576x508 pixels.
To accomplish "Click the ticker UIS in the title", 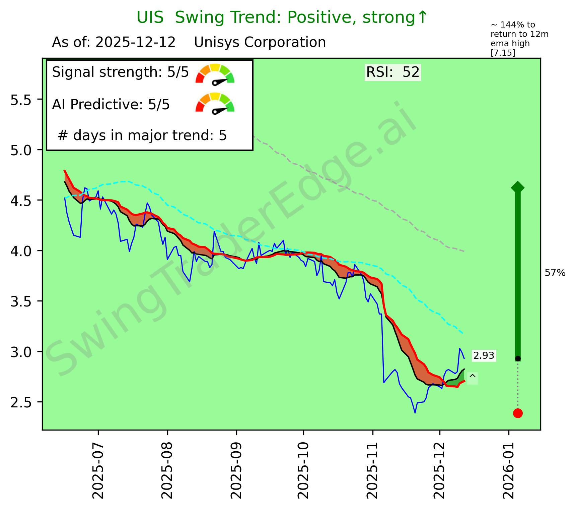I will (x=150, y=17).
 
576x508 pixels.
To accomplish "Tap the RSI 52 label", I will (x=393, y=72).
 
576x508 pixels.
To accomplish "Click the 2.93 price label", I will (x=484, y=356).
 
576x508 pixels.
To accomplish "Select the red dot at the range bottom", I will (x=518, y=413).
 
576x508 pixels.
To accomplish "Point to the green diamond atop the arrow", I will (x=518, y=187).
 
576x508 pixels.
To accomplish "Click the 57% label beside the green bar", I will (x=555, y=273).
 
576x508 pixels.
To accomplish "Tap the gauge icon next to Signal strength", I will (x=215, y=74).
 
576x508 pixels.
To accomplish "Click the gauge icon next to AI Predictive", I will (x=215, y=103).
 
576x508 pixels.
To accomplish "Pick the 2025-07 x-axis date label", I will (x=98, y=469).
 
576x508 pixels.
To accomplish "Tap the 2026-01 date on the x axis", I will (x=509, y=469).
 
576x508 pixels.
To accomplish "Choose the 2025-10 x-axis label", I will (x=303, y=469).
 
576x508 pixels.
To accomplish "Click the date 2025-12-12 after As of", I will (x=136, y=43).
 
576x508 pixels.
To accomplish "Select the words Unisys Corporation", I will (x=260, y=43).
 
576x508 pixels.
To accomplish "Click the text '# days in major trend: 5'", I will (x=142, y=135).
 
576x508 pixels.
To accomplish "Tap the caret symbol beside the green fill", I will (x=473, y=378).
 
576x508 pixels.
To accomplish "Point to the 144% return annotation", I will (x=519, y=39).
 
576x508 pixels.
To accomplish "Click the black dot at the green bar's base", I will (x=518, y=358).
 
